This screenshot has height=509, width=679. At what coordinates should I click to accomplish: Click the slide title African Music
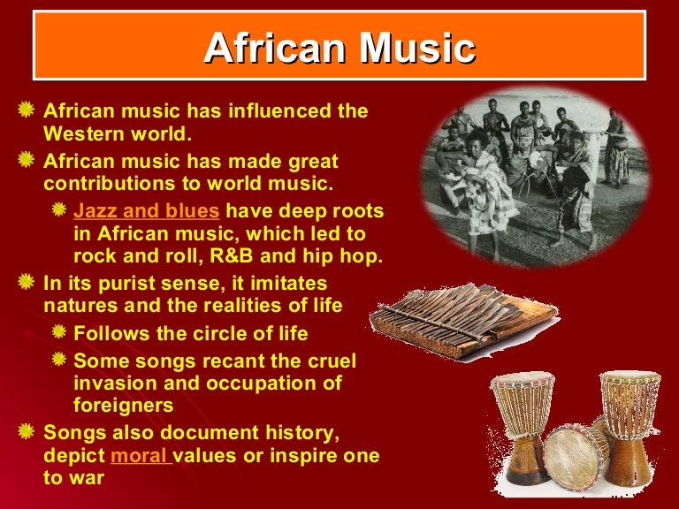click(x=339, y=49)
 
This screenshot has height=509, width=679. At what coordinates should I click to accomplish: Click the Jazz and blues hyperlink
click(x=146, y=211)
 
